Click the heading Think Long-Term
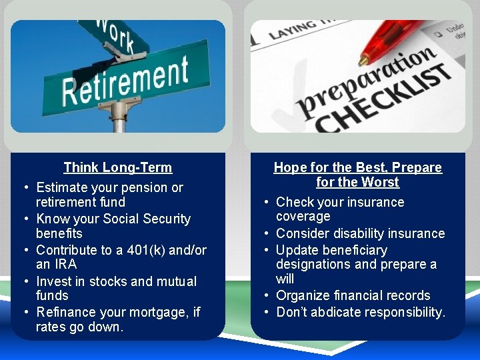click(x=117, y=168)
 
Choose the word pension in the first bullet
click(x=142, y=188)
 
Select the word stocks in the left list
click(x=106, y=281)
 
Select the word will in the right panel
click(x=285, y=279)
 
